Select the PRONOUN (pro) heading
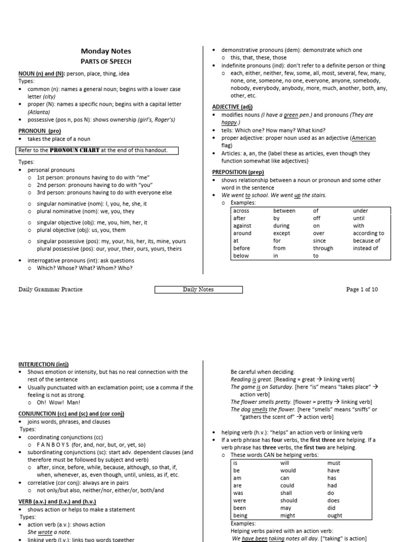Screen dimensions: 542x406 (x=40, y=130)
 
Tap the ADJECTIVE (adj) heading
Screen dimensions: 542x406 (x=228, y=106)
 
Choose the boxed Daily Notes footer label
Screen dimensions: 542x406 (x=198, y=290)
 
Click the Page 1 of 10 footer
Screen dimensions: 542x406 (x=362, y=290)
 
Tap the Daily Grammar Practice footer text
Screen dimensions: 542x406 (x=50, y=290)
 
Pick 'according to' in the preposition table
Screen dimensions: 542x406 (x=368, y=233)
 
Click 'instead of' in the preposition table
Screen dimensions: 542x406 (x=366, y=248)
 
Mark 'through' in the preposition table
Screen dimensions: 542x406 (x=323, y=248)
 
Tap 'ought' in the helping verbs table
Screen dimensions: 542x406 (x=334, y=515)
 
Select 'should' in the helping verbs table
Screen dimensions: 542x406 (x=289, y=500)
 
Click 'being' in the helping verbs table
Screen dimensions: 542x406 (x=240, y=515)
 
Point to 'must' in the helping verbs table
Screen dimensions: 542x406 (x=334, y=463)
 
